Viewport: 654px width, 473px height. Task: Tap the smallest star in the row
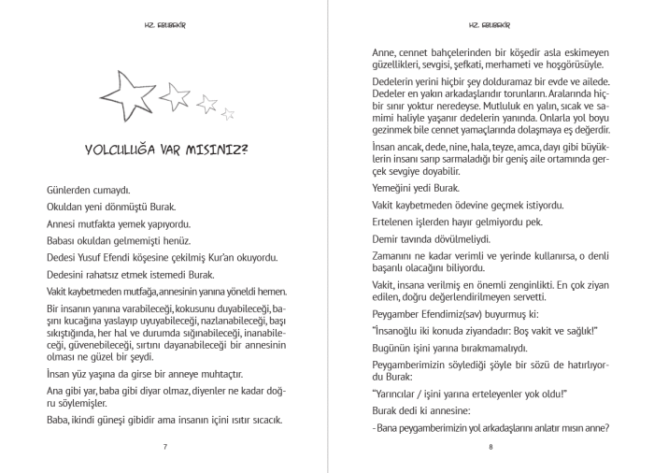tap(228, 114)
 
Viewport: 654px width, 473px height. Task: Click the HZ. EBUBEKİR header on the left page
tap(164, 24)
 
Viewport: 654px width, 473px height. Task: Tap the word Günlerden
tap(71, 190)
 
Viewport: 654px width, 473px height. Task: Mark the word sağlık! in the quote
tap(578, 330)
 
